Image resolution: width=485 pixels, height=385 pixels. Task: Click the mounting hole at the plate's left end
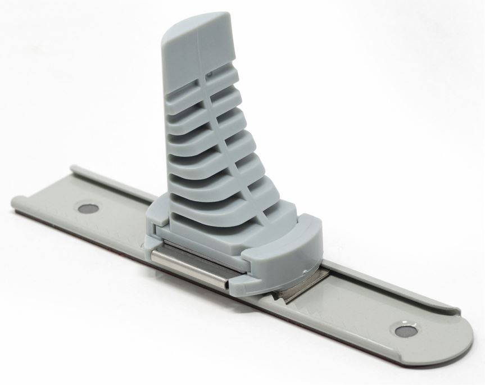click(87, 209)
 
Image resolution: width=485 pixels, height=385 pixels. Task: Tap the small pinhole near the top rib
click(208, 73)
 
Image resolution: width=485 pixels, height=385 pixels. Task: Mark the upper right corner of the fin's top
click(229, 17)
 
